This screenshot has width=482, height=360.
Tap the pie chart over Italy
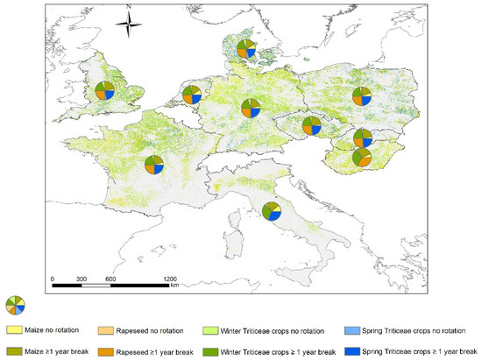tap(271, 210)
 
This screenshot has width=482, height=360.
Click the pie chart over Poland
tap(362, 97)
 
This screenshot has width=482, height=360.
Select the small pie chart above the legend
tap(15, 304)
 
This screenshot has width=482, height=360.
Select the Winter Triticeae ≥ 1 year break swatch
tap(211, 350)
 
